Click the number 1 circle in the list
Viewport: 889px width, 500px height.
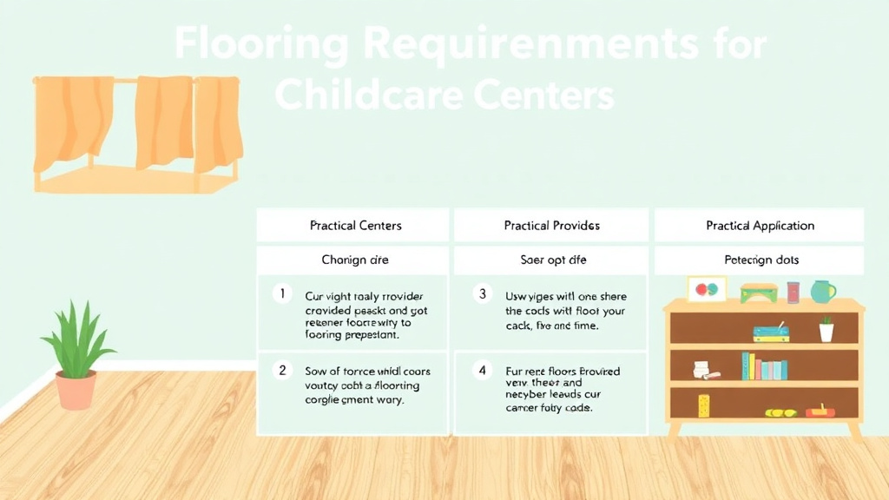281,293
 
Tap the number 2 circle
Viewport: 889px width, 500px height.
281,371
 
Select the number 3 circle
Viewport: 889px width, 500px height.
483,293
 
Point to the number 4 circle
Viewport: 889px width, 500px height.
483,371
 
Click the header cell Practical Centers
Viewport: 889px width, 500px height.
355,226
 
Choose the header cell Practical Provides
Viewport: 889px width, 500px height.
551,226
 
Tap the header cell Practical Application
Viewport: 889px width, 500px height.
760,226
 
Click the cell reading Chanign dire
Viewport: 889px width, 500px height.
355,260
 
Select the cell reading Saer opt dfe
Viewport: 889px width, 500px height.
551,260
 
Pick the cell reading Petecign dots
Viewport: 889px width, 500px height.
760,260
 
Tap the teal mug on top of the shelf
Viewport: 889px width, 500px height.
822,291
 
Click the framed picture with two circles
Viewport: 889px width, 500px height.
707,289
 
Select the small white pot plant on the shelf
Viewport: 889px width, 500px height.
826,330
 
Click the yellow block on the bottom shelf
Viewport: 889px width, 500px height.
703,404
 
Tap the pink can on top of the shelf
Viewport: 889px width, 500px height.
793,292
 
